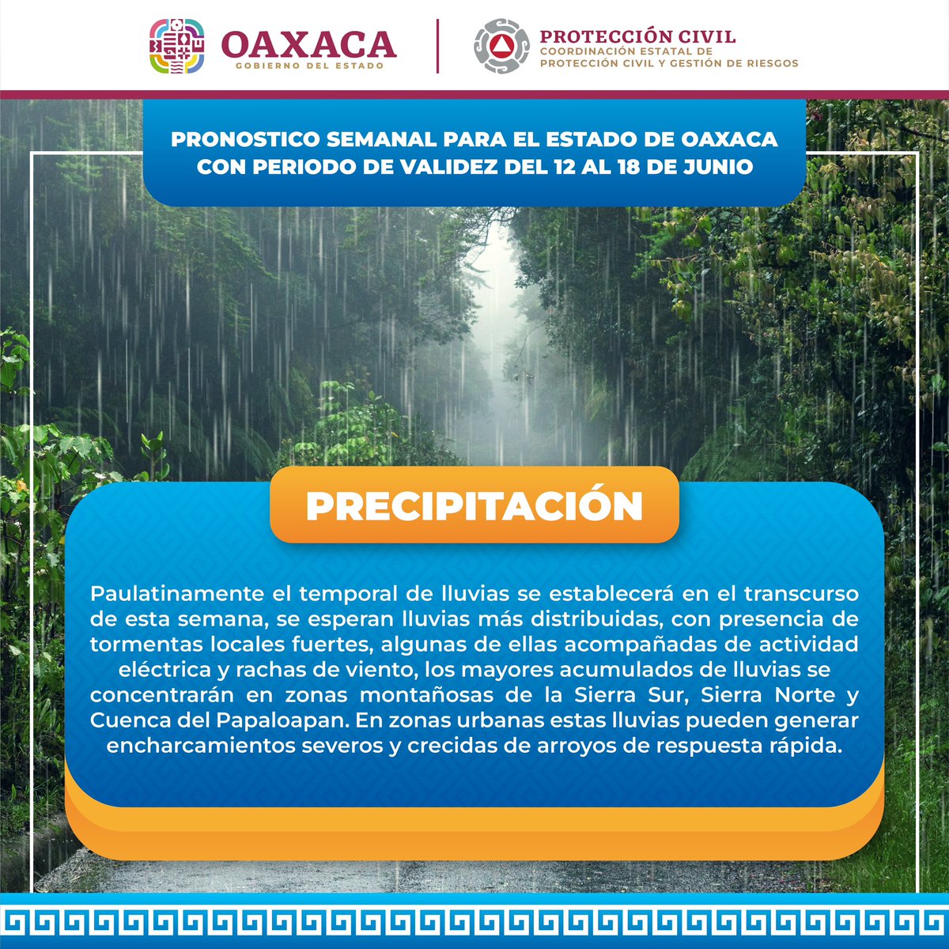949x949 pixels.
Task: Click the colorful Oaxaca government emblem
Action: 177,47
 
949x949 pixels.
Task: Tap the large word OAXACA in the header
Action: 308,43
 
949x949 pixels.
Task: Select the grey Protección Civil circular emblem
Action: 501,46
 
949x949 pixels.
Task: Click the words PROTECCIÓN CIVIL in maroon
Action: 637,36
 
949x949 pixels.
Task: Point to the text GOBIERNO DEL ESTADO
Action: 309,66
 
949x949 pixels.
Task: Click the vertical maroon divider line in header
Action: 437,46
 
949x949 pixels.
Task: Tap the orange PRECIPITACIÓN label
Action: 475,507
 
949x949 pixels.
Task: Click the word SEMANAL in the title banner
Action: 382,140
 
